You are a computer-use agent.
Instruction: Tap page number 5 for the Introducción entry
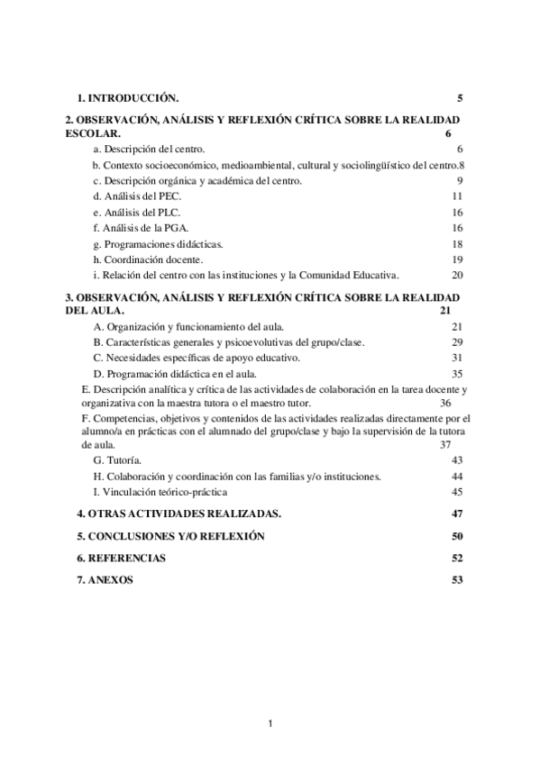(x=460, y=97)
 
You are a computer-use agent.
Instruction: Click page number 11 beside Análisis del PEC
(x=457, y=196)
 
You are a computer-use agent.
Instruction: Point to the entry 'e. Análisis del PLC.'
(x=137, y=213)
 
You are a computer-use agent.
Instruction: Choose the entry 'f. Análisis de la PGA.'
(x=140, y=229)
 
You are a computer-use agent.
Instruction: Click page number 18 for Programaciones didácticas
(x=457, y=244)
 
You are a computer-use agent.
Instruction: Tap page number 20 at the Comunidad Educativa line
(x=457, y=276)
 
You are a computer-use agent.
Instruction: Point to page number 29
(x=457, y=342)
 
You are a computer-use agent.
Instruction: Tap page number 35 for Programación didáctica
(x=457, y=373)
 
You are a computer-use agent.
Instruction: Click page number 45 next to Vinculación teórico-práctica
(x=457, y=492)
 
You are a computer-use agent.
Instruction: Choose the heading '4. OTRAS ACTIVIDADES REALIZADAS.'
(x=179, y=514)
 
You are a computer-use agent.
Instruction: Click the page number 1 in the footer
(x=270, y=723)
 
